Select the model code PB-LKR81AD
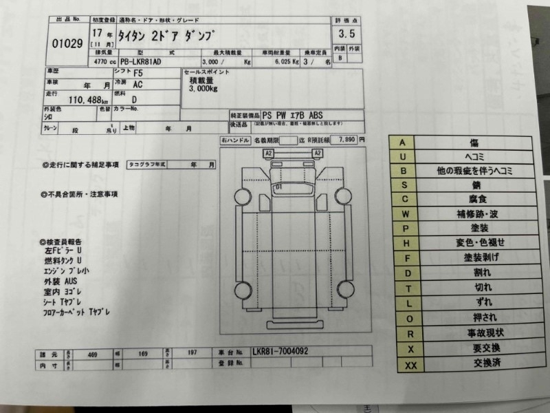pyautogui.click(x=138, y=62)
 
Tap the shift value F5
pyautogui.click(x=139, y=72)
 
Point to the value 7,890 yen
pyautogui.click(x=347, y=138)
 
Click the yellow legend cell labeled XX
pyautogui.click(x=411, y=366)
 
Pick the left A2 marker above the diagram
pyautogui.click(x=269, y=152)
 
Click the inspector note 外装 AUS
pyautogui.click(x=62, y=282)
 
